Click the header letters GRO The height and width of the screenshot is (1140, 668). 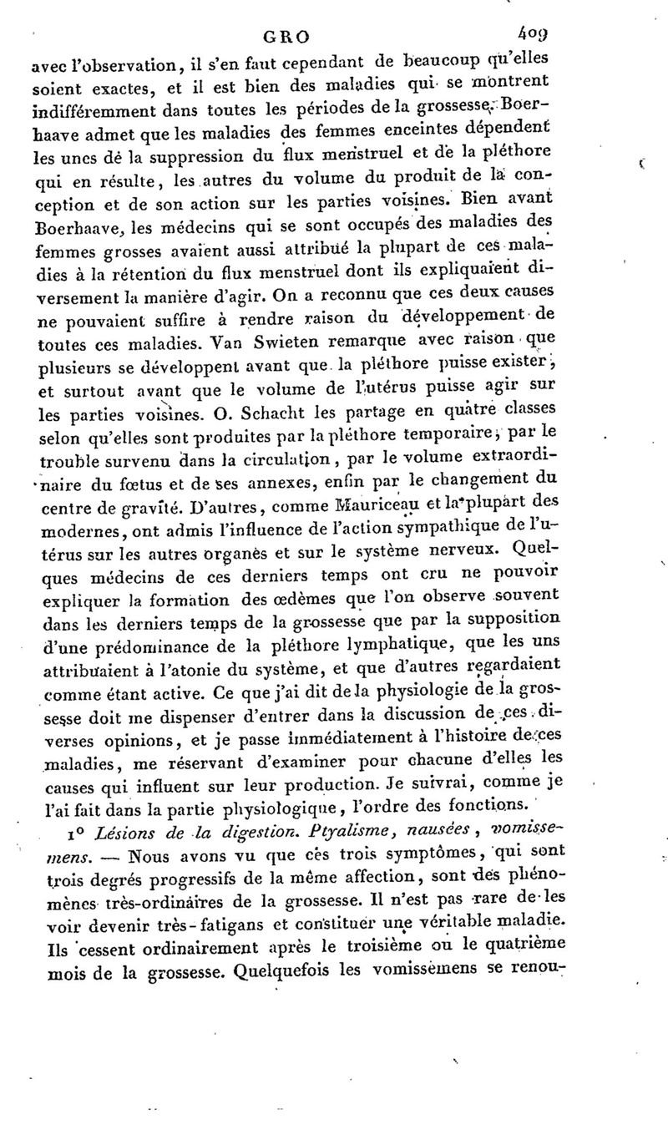coord(287,37)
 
